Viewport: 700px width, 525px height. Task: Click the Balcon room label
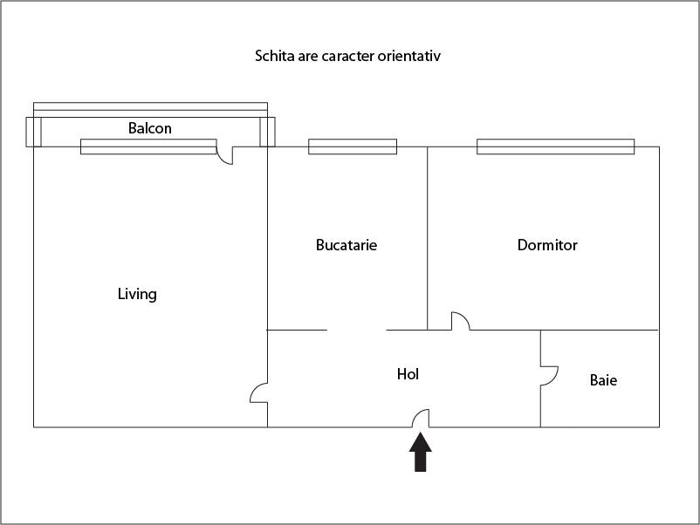pos(150,128)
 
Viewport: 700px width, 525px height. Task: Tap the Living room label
pos(137,294)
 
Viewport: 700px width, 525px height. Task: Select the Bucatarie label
pos(347,245)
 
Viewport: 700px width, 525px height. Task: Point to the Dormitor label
pos(547,245)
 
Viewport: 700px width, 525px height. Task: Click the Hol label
pos(408,374)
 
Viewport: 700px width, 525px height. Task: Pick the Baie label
pos(603,380)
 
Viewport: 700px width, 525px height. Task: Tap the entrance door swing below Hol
pos(420,419)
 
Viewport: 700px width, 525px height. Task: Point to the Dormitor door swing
pos(459,322)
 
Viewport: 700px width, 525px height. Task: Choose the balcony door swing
pos(225,155)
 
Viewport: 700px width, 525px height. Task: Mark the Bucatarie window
pos(353,147)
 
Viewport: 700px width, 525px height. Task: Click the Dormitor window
pos(555,147)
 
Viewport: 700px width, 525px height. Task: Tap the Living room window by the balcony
pos(148,147)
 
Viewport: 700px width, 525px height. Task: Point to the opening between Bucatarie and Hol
pos(356,331)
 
